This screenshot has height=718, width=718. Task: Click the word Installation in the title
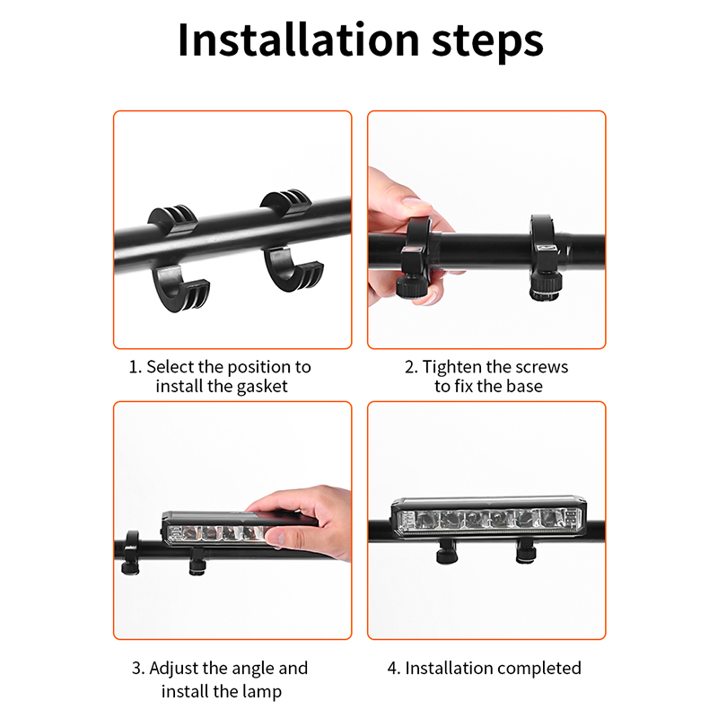pyautogui.click(x=299, y=40)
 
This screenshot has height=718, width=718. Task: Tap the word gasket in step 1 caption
pyautogui.click(x=262, y=388)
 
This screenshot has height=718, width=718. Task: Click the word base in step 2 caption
pyautogui.click(x=525, y=387)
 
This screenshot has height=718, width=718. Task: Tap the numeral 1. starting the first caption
pyautogui.click(x=136, y=367)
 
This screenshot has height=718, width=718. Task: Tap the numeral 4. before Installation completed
pyautogui.click(x=394, y=669)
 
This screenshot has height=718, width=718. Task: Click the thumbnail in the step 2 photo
pyautogui.click(x=415, y=204)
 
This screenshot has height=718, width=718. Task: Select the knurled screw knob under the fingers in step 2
pyautogui.click(x=412, y=286)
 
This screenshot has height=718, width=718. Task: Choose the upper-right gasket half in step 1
pyautogui.click(x=286, y=200)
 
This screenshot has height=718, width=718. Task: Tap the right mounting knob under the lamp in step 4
pyautogui.click(x=526, y=551)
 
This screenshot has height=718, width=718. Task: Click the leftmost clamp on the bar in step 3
pyautogui.click(x=131, y=553)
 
